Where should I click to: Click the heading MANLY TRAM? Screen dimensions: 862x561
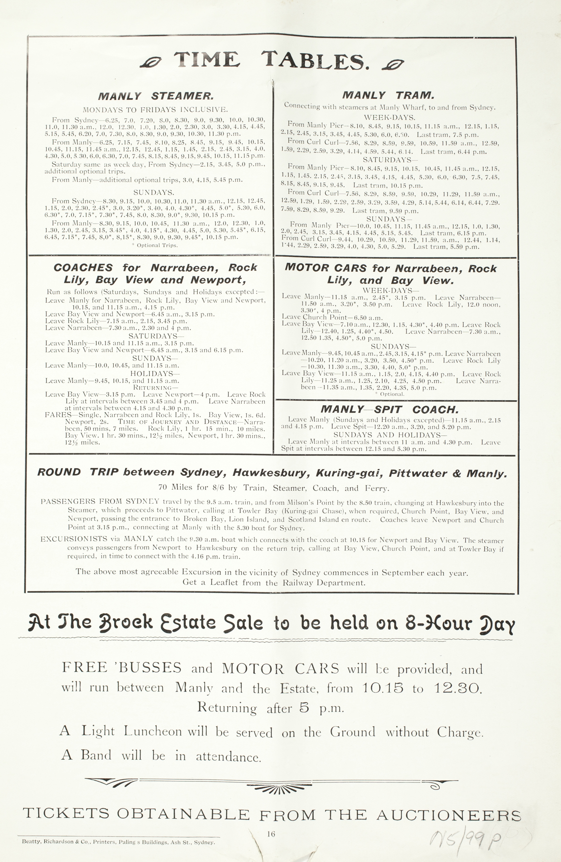click(x=388, y=95)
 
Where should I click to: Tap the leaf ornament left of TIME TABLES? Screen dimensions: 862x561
click(x=150, y=63)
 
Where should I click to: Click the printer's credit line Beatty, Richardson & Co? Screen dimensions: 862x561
click(x=119, y=842)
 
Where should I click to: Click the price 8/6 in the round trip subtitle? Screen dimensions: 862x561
click(x=216, y=488)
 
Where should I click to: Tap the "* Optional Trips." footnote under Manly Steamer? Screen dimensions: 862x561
click(x=155, y=245)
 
